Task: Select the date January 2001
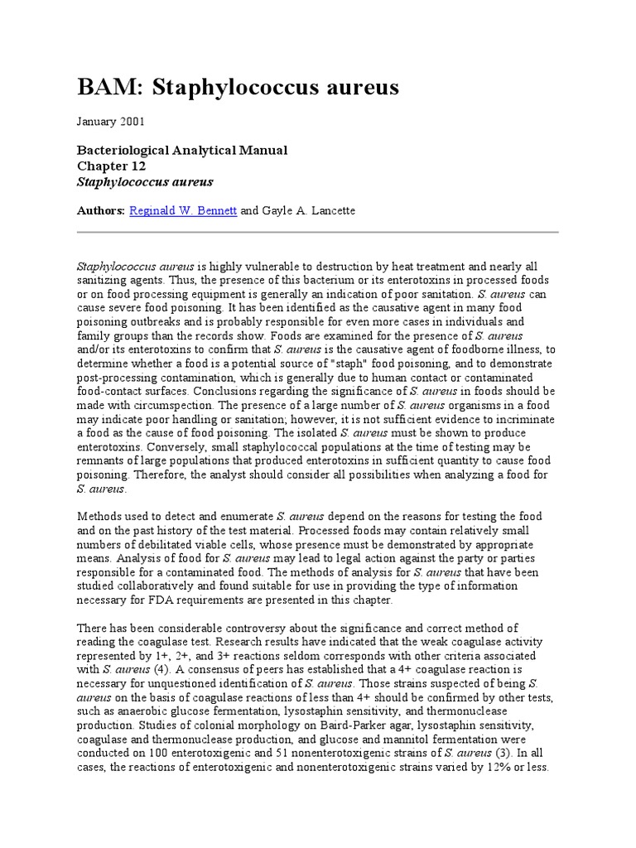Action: [x=111, y=121]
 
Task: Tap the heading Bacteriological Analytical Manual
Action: [x=182, y=150]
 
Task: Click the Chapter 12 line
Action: [x=112, y=166]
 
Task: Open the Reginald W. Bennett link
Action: [x=183, y=211]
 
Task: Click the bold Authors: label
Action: [x=101, y=211]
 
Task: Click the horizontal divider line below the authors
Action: [x=317, y=233]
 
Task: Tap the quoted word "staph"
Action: [x=373, y=364]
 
